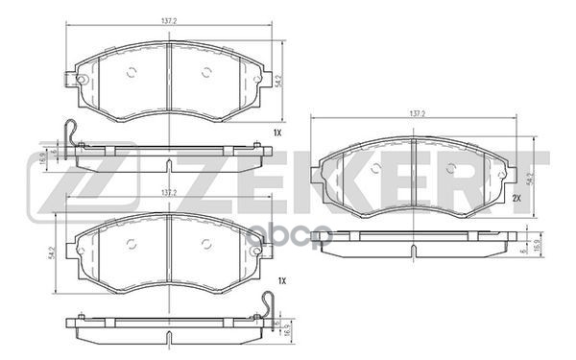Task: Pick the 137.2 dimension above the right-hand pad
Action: [x=416, y=114]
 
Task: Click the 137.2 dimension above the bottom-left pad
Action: [x=169, y=193]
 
